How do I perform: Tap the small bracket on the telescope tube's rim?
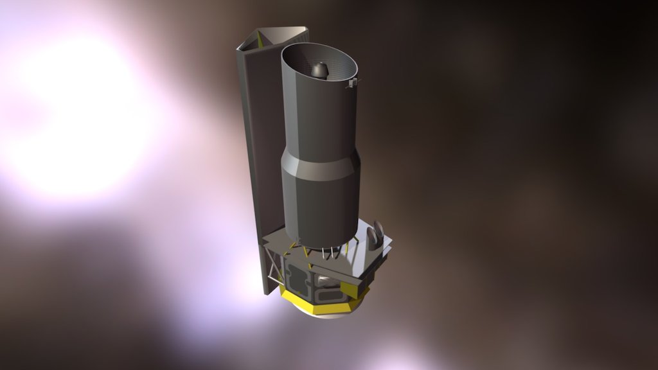pyautogui.click(x=351, y=84)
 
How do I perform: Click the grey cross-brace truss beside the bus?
pyautogui.click(x=276, y=270)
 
